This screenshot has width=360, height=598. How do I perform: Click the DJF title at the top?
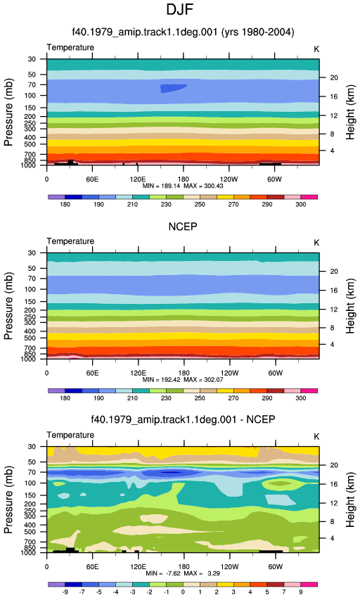[179, 10]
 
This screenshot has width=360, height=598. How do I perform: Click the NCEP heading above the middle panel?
[183, 227]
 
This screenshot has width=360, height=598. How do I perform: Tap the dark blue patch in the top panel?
[173, 89]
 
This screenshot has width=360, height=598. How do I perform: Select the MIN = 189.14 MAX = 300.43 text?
[183, 186]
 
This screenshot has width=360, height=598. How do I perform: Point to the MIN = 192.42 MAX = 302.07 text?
[183, 379]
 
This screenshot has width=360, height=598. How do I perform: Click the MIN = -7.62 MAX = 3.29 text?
[183, 573]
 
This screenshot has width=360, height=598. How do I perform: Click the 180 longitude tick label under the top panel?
[183, 179]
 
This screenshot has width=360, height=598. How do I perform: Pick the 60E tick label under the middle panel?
[92, 373]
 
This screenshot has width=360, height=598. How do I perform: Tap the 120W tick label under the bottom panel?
[229, 567]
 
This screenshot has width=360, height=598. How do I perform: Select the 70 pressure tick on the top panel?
[32, 84]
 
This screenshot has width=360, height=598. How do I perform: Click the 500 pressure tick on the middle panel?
[30, 338]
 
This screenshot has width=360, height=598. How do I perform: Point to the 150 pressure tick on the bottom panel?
[30, 495]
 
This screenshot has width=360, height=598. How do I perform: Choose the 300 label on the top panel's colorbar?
[300, 205]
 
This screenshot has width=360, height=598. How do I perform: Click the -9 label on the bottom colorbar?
[65, 592]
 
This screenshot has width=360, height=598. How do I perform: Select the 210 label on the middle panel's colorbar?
[132, 398]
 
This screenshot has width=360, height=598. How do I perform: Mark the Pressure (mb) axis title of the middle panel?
[8, 305]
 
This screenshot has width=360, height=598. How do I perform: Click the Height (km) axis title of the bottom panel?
[350, 500]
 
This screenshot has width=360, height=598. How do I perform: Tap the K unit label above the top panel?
[316, 49]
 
